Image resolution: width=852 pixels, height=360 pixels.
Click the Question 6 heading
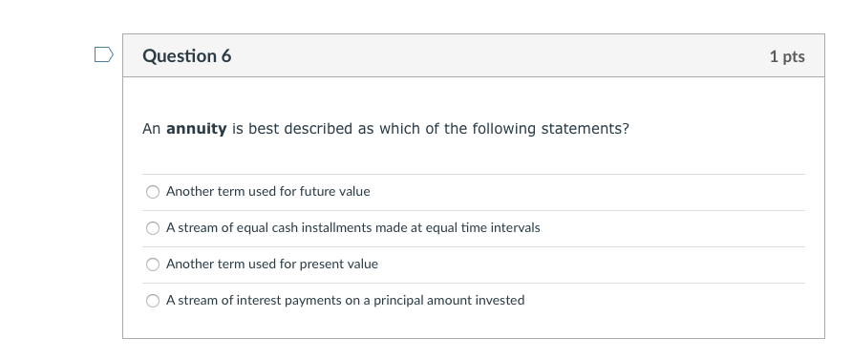click(186, 56)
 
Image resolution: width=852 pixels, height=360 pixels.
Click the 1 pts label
click(786, 57)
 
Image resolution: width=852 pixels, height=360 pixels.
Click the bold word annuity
click(196, 129)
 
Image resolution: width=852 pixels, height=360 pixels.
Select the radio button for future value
click(153, 192)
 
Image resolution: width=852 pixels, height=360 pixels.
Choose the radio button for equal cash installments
click(153, 228)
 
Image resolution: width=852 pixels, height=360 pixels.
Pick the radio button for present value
click(153, 265)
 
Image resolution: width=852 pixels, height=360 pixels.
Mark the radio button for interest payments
click(153, 301)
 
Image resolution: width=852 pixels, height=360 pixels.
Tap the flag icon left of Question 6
click(103, 54)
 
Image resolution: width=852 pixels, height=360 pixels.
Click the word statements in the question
click(590, 129)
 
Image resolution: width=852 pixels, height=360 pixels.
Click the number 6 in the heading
click(226, 56)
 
